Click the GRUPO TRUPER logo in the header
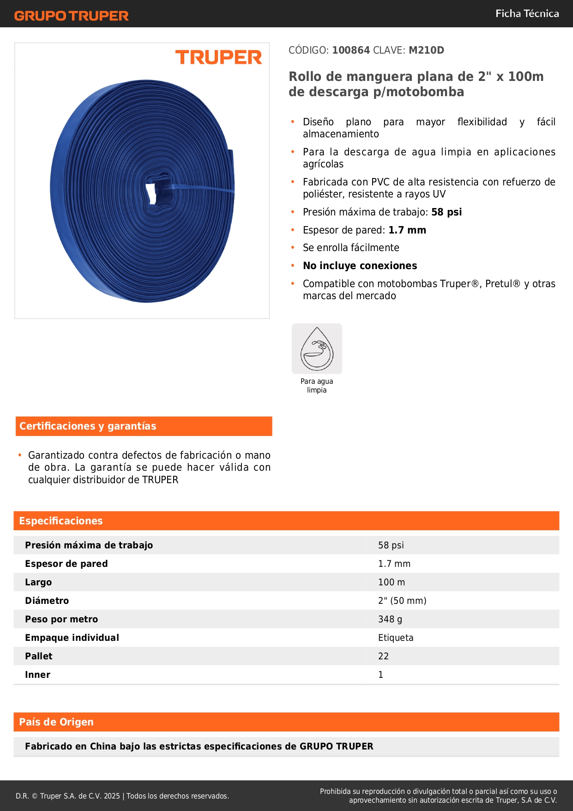[71, 16]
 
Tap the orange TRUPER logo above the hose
[218, 57]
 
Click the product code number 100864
[351, 50]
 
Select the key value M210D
[426, 50]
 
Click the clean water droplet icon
[317, 349]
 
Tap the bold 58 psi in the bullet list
[446, 212]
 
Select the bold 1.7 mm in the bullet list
[407, 230]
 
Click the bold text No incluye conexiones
[360, 265]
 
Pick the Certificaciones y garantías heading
[88, 426]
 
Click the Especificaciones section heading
[61, 521]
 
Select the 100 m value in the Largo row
[391, 582]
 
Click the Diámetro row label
[47, 601]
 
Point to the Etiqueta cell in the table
[396, 638]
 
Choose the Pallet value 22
[383, 656]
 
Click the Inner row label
[37, 675]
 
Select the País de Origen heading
[56, 722]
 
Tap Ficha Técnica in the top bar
[527, 13]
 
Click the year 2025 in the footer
[112, 796]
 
